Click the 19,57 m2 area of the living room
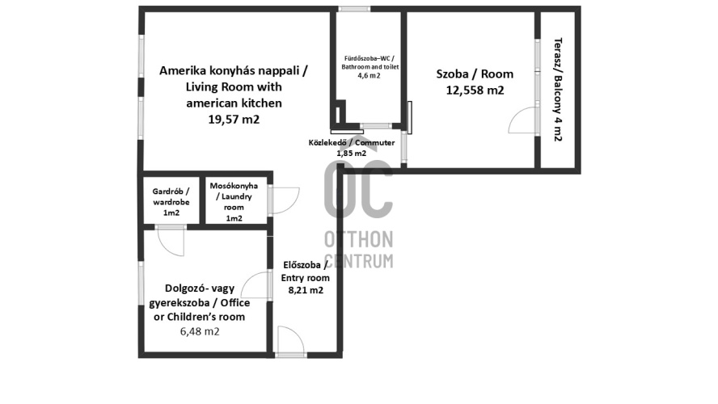(x=234, y=120)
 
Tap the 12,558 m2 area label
(x=475, y=90)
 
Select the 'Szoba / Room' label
(x=475, y=74)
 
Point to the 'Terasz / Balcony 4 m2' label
(x=558, y=89)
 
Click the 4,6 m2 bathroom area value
(x=369, y=75)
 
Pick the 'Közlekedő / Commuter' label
(x=351, y=143)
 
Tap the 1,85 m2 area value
(x=351, y=154)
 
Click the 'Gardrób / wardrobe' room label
(x=171, y=196)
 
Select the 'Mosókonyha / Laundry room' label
(x=234, y=196)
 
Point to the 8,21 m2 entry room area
(x=306, y=290)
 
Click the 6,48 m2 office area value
(x=200, y=331)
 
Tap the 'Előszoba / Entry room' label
(x=305, y=271)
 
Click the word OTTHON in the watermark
(x=358, y=239)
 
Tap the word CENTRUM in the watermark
(x=358, y=260)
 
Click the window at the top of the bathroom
(x=354, y=9)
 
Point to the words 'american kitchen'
(x=234, y=103)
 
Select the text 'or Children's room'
(x=200, y=317)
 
